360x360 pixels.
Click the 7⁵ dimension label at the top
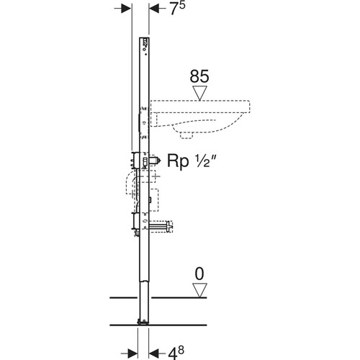(x=178, y=9)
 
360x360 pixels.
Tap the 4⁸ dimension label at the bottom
(x=176, y=352)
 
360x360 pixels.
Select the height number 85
(x=199, y=76)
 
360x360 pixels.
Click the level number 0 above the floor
(x=199, y=274)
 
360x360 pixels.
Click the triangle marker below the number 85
(x=199, y=93)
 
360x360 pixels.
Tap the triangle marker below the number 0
(x=199, y=290)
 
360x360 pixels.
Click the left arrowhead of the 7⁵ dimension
(x=126, y=9)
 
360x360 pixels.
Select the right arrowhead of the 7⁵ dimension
(x=154, y=9)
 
